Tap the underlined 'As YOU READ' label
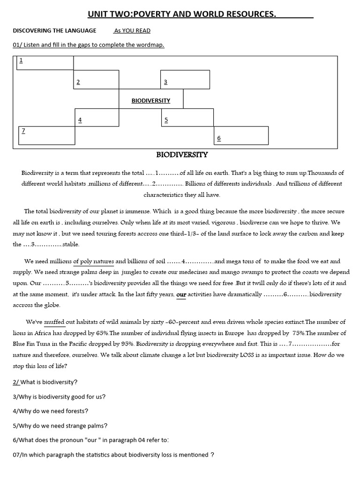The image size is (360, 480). (x=132, y=30)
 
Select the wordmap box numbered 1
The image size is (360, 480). (x=45, y=63)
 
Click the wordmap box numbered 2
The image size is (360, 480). (x=96, y=79)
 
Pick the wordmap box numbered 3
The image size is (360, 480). (x=185, y=79)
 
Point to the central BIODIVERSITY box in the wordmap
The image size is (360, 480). (x=150, y=100)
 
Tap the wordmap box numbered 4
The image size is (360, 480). (x=97, y=117)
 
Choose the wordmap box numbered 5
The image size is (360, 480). (x=187, y=117)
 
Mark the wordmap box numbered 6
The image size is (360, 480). (x=241, y=135)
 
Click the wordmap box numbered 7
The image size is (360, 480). (x=46, y=135)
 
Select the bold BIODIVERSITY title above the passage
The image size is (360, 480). (x=182, y=155)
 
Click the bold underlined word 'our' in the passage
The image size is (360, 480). (x=181, y=295)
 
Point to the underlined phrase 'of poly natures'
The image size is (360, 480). (x=94, y=262)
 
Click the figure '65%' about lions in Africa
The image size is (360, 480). (x=101, y=333)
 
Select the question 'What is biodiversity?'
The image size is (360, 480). (x=45, y=382)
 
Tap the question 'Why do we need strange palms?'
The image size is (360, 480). (x=54, y=426)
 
